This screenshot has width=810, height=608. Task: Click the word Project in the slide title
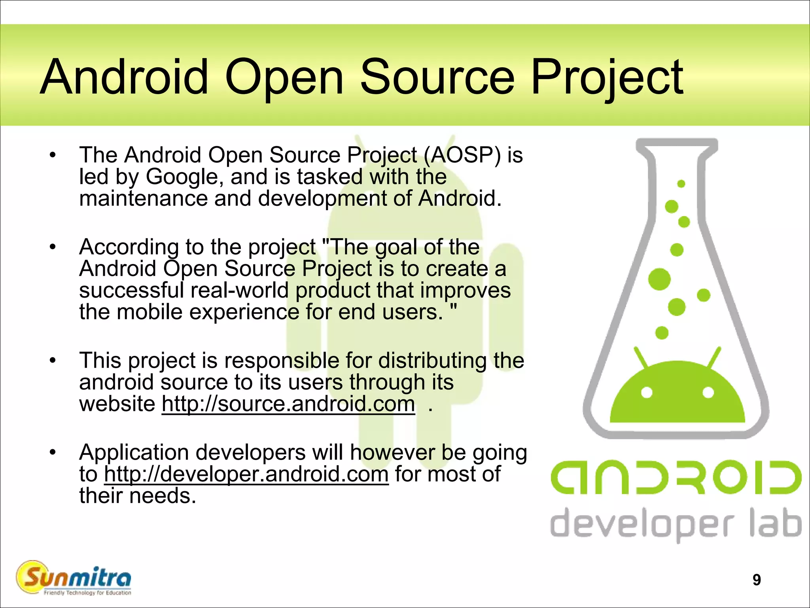pos(607,78)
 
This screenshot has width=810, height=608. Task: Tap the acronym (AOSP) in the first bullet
pos(463,155)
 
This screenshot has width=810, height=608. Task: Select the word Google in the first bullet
pos(182,177)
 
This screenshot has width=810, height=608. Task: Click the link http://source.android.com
pos(288,404)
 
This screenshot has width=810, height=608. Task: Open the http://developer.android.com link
pos(246,474)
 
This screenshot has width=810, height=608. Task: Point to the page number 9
pos(757,580)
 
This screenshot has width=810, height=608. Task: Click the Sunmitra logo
pos(74,578)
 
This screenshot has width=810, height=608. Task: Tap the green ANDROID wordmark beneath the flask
pos(676,477)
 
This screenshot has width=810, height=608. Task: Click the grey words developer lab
pos(676,523)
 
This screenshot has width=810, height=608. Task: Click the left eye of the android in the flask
pos(647,393)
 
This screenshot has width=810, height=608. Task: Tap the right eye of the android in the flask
pos(708,393)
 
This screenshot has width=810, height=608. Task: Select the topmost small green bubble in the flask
pos(681,184)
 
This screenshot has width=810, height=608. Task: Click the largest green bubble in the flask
pos(659,279)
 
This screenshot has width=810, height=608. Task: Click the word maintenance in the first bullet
pos(143,198)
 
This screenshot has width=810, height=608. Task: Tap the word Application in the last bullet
pos(134,452)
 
